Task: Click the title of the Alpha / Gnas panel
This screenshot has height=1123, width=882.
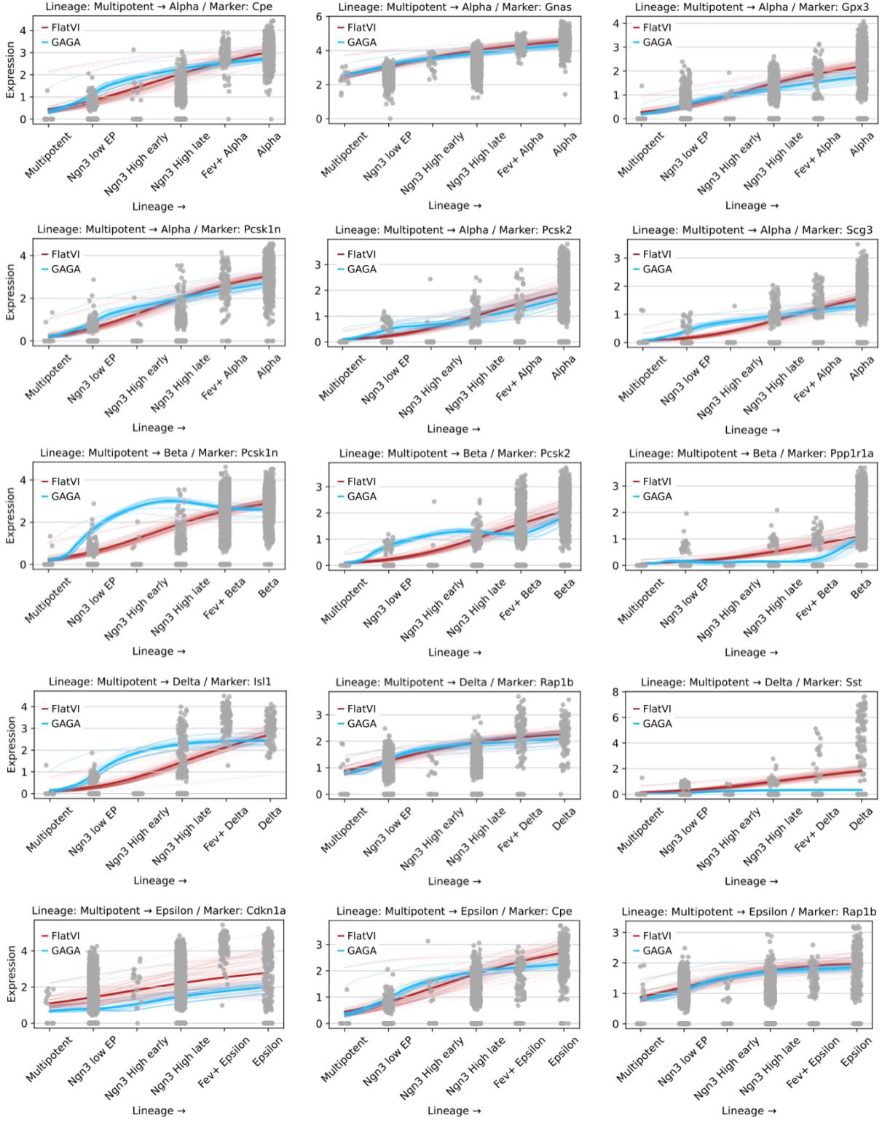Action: point(454,7)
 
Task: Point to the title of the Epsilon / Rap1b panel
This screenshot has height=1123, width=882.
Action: point(749,911)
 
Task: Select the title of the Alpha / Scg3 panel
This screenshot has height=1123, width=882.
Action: point(752,229)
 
